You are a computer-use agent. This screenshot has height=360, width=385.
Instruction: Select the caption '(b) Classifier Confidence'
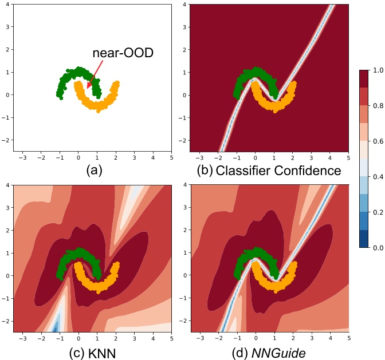269,170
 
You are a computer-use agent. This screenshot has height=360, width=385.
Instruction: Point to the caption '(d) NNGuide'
269,353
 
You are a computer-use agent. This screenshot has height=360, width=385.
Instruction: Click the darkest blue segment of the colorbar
364,238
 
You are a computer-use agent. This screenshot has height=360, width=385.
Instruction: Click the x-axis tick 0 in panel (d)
256,338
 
